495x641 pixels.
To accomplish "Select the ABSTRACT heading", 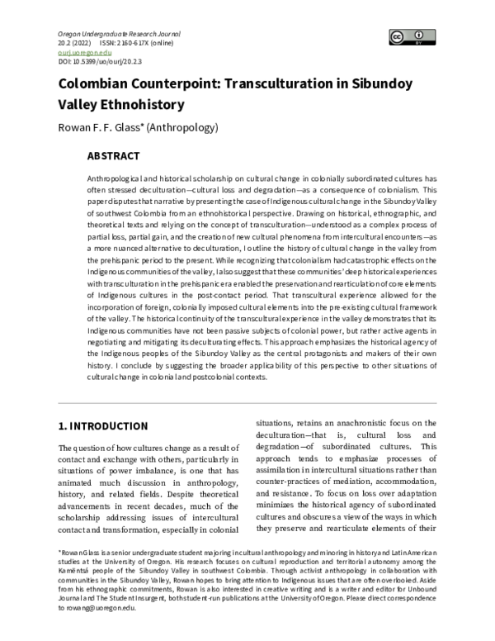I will (x=113, y=155).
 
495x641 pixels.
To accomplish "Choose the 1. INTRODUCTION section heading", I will (x=102, y=426).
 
